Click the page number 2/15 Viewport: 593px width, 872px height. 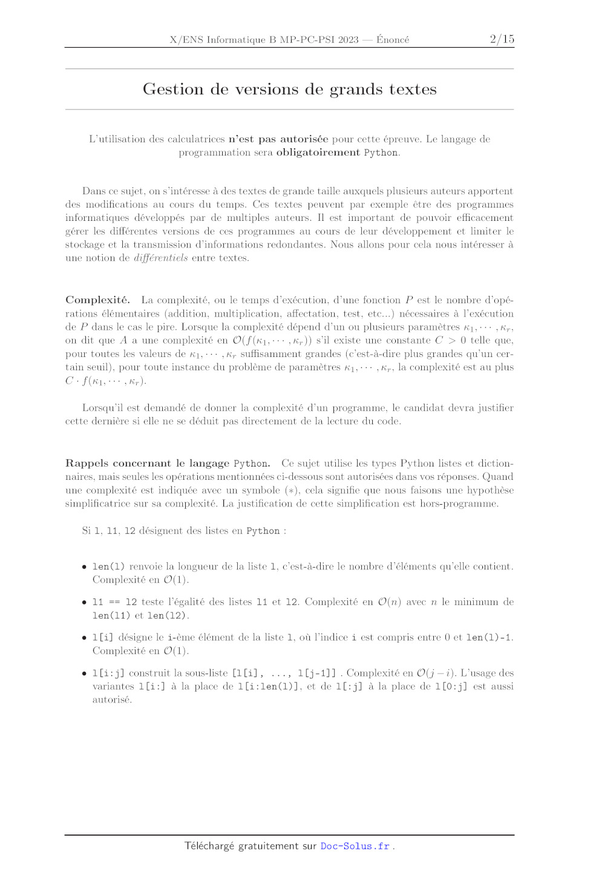click(502, 39)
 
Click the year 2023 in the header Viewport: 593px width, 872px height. click(348, 40)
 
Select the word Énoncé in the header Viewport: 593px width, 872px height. click(393, 40)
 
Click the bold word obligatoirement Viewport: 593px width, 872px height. click(318, 152)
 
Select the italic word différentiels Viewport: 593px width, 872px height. click(160, 258)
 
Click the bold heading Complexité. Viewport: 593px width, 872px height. click(97, 300)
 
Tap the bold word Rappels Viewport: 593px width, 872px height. click(87, 464)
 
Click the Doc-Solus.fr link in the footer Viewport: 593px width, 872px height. click(355, 846)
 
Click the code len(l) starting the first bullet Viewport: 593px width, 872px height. click(108, 566)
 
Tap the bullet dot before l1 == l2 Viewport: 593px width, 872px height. click(84, 602)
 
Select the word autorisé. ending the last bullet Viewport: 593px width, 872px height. click(112, 700)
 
